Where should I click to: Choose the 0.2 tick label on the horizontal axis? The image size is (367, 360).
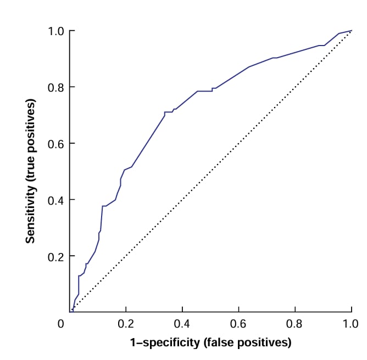[x=126, y=324]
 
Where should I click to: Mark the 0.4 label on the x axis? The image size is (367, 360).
[x=182, y=324]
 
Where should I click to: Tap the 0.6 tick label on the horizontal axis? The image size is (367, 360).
[x=238, y=324]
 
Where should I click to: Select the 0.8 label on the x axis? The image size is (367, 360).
[x=295, y=324]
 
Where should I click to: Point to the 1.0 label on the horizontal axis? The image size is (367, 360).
[x=351, y=324]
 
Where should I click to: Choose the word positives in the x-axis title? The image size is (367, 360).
[x=264, y=344]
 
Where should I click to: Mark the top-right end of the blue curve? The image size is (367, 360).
[x=351, y=31]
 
